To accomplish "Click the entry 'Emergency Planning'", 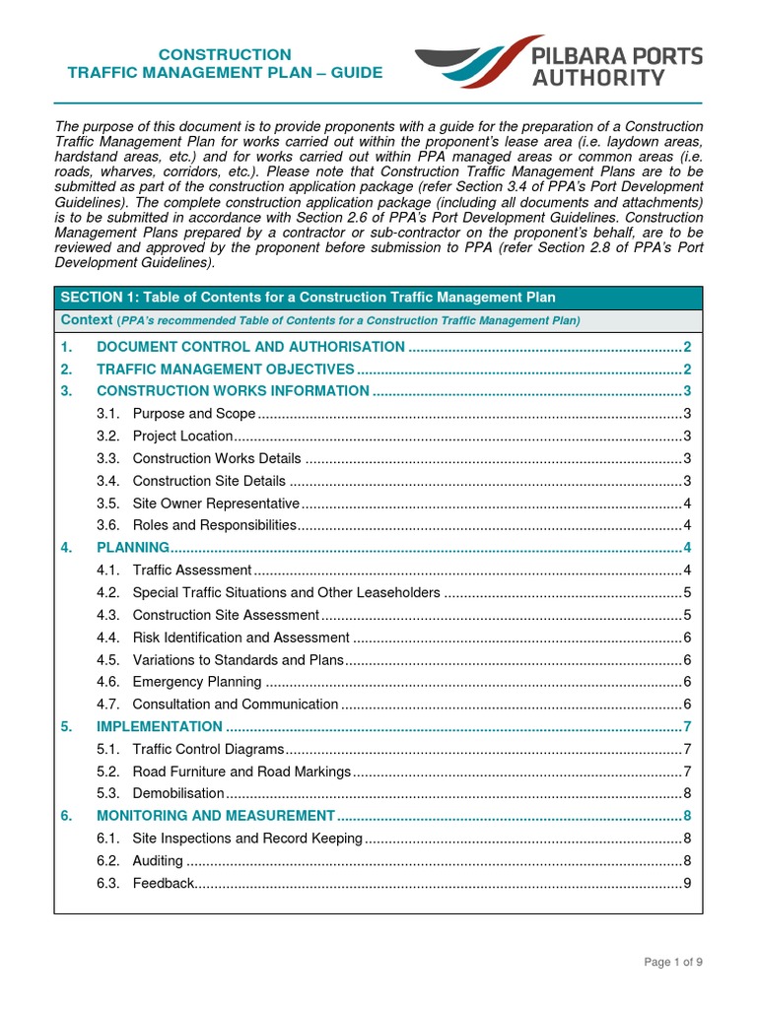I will click(197, 682).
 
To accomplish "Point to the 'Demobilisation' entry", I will click(178, 793).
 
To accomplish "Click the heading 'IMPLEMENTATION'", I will click(160, 726).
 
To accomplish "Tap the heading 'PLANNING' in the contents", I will click(133, 547).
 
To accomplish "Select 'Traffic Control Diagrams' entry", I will click(208, 749).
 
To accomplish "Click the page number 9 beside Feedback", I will click(687, 883).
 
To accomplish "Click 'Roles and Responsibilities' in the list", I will click(214, 525).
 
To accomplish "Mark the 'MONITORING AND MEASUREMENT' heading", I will click(216, 816).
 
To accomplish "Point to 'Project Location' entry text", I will click(182, 436).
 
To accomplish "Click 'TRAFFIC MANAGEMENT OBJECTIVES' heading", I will click(225, 370).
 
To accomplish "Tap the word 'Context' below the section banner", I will click(87, 320).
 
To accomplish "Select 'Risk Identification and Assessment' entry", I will click(241, 638).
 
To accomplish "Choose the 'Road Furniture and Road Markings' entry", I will click(241, 772).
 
